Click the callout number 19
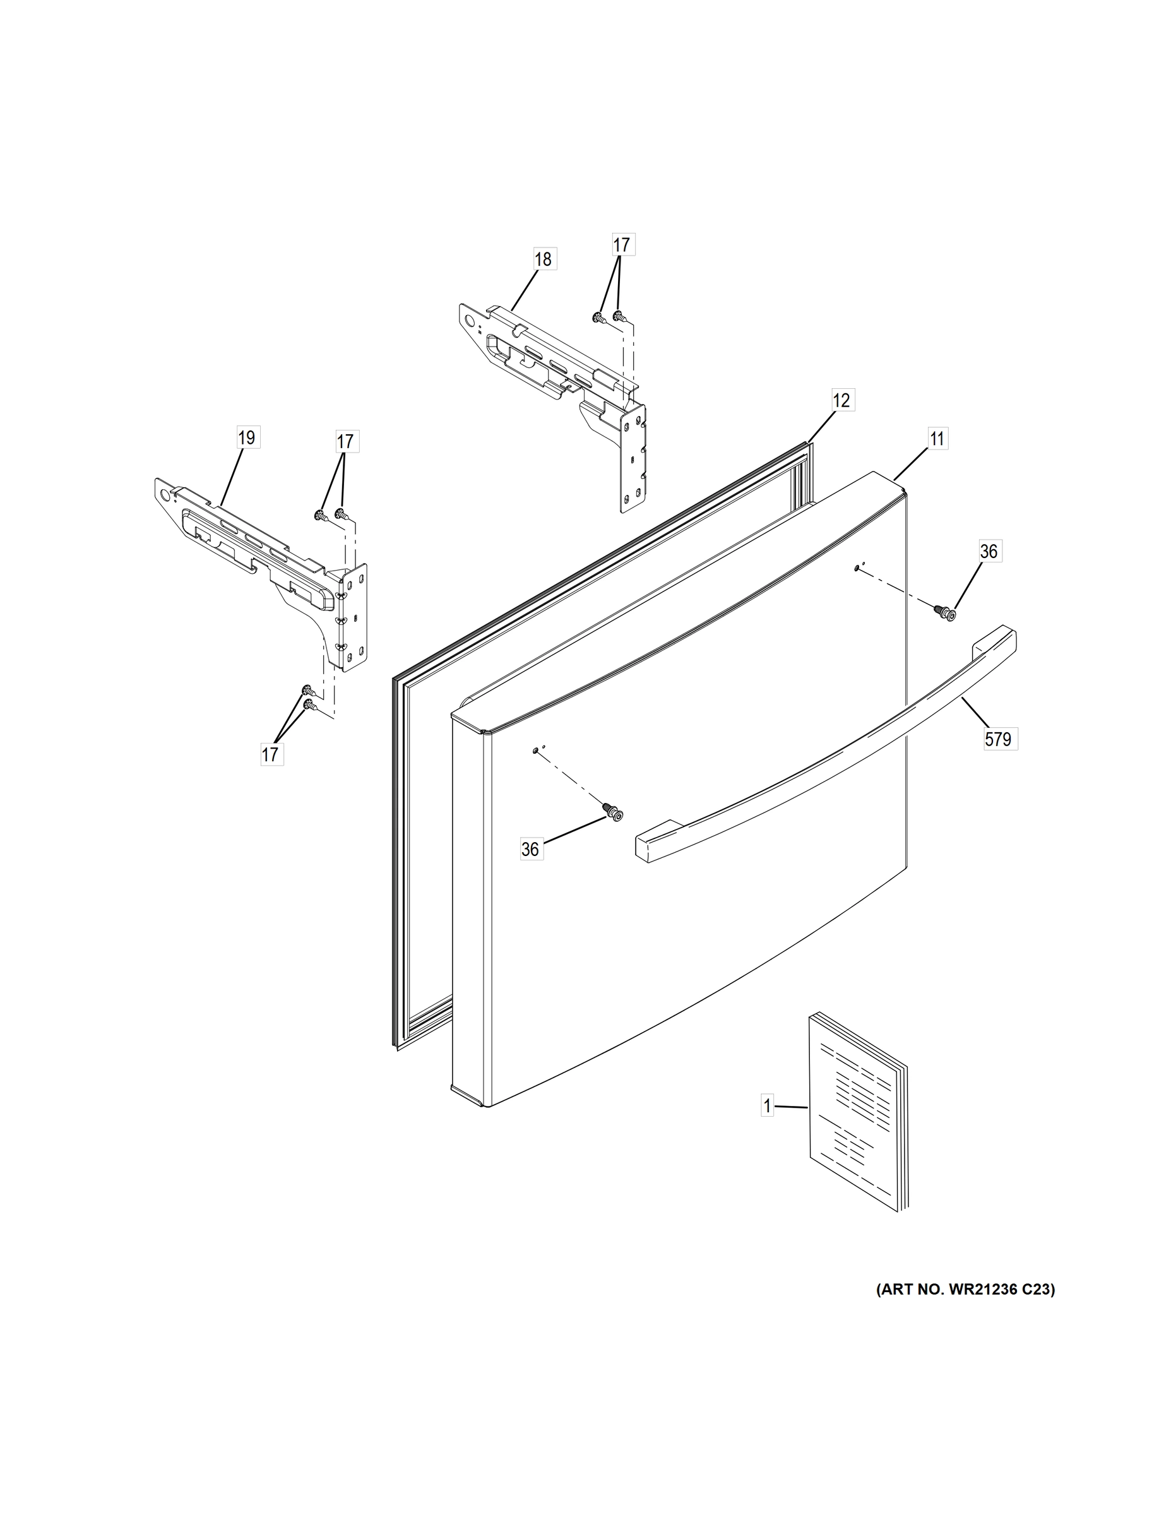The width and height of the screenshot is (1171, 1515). coord(247,437)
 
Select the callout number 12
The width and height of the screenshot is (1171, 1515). coord(841,400)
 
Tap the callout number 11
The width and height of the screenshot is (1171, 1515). coord(937,439)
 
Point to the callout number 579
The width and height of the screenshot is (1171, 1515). coord(997,739)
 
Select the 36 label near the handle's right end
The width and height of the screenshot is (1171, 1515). coord(989,552)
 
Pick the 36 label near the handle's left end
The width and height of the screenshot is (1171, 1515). coord(530,849)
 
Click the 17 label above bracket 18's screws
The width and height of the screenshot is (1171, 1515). coord(622,245)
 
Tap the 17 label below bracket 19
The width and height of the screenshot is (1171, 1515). coord(270,754)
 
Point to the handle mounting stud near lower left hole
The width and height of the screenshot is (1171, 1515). coord(612,812)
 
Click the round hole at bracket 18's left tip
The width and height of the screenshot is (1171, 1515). coord(471,321)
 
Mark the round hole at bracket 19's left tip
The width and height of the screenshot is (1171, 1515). coord(165,495)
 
